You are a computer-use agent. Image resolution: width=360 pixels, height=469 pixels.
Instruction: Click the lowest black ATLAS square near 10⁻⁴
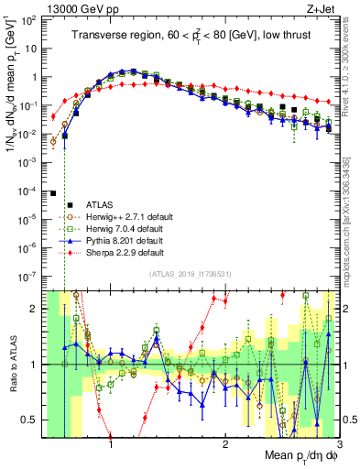[x=53, y=193]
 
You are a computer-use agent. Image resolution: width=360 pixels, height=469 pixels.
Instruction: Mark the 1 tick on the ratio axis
[x=38, y=365]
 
